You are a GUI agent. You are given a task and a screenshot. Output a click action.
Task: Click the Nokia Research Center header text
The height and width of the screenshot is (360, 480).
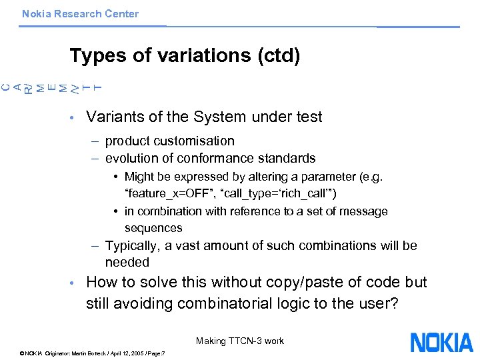[80, 13]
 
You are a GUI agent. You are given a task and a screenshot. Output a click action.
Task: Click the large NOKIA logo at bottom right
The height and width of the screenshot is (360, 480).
[441, 342]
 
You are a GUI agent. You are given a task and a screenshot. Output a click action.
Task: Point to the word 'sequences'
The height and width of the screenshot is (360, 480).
[153, 228]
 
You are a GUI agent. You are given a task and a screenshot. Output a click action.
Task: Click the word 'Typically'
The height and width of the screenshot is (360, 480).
[131, 245]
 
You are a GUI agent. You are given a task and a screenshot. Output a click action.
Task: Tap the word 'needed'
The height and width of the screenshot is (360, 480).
[127, 263]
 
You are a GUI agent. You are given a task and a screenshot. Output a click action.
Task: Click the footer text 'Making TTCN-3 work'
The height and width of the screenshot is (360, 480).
[240, 341]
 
